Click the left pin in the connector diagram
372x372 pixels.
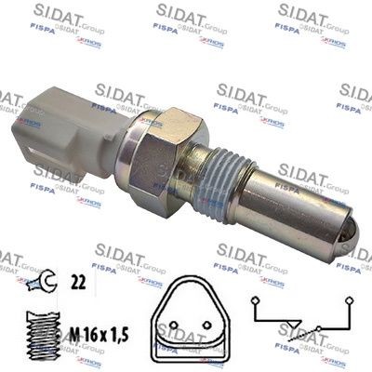174,330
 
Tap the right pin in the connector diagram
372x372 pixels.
214,330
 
